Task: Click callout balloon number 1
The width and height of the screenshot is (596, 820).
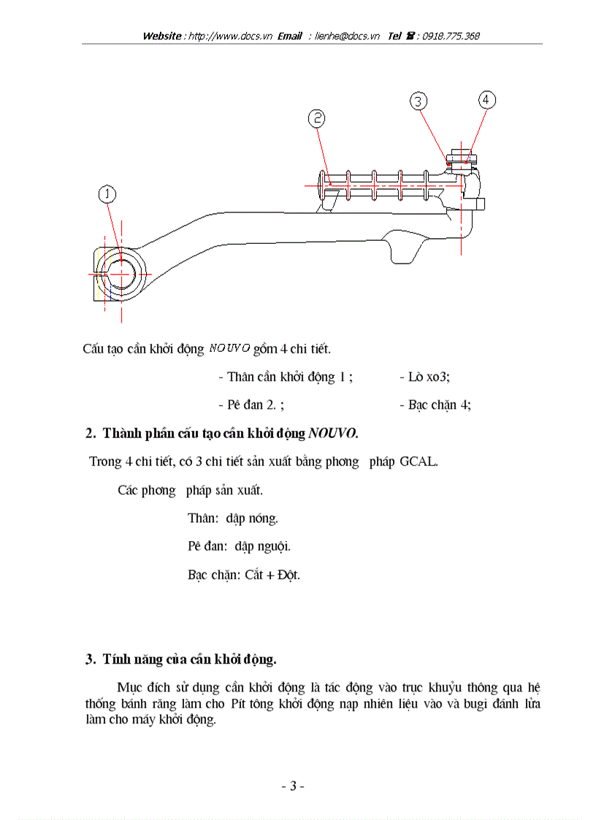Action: pyautogui.click(x=107, y=193)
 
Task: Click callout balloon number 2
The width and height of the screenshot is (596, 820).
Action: pyautogui.click(x=316, y=118)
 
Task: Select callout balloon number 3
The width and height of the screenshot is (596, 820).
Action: pyautogui.click(x=419, y=101)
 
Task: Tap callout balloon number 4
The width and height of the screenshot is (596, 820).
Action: pyautogui.click(x=487, y=99)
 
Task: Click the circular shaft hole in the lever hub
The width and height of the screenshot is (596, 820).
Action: pyautogui.click(x=122, y=273)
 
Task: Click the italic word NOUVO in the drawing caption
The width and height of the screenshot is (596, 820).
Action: pyautogui.click(x=229, y=348)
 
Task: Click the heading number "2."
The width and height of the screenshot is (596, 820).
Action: pyautogui.click(x=91, y=433)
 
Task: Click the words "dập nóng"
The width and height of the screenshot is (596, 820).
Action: pyautogui.click(x=252, y=518)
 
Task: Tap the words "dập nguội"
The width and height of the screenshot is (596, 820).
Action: pyautogui.click(x=258, y=546)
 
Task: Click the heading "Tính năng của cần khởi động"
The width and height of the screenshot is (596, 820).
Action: pyautogui.click(x=189, y=659)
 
